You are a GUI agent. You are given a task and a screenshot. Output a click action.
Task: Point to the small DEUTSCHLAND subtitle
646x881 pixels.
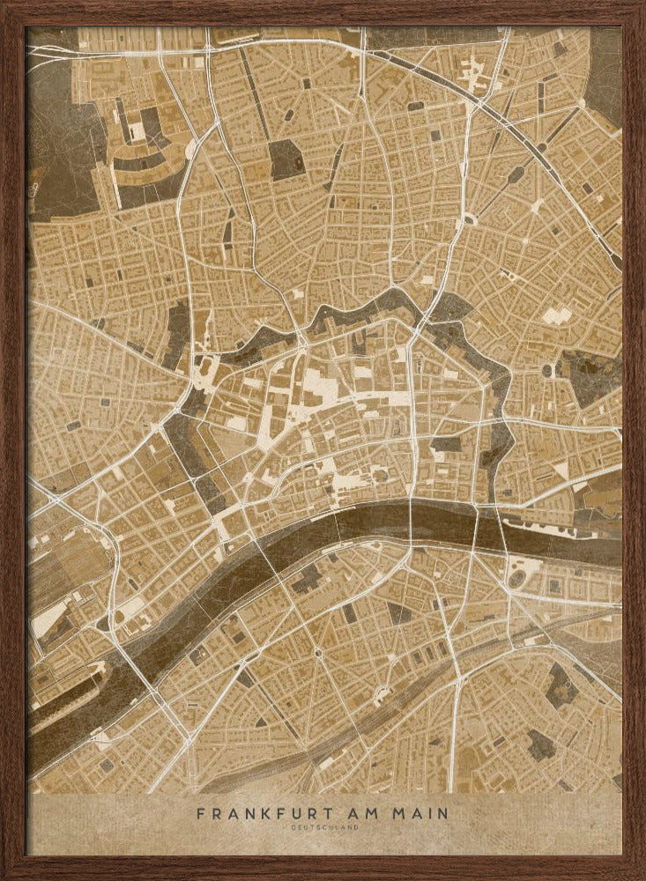coord(323,827)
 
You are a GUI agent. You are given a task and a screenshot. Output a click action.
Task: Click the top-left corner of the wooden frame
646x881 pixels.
coord(7,7)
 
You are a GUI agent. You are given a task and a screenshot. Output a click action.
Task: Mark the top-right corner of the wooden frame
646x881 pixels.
coord(639,7)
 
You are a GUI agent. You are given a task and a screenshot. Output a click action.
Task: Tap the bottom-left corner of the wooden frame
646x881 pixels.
coord(7,874)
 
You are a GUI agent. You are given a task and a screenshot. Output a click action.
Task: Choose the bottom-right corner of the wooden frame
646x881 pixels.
coord(639,874)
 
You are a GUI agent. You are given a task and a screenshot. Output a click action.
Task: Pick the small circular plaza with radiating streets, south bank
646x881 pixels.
coord(317,652)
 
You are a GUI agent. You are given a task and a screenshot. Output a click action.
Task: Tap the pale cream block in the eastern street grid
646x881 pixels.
coord(554,315)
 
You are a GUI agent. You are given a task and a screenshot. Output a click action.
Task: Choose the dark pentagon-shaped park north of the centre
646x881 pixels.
coord(285,159)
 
